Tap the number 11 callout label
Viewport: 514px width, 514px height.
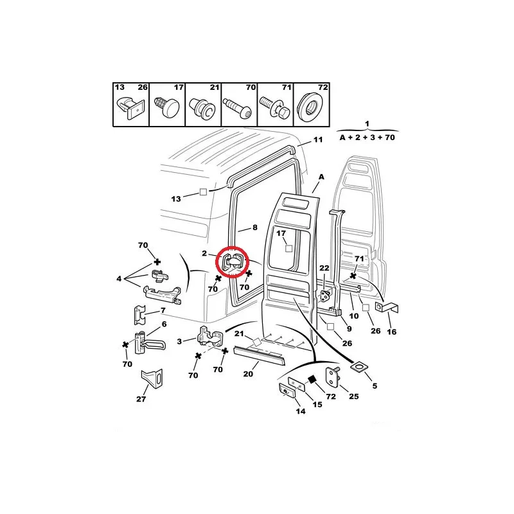(318, 139)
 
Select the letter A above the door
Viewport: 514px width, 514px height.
(321, 177)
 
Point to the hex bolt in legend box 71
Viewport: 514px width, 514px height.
(274, 107)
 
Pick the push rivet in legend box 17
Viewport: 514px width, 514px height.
(167, 105)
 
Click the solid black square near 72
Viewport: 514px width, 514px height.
(312, 379)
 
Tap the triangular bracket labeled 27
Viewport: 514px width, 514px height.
(152, 380)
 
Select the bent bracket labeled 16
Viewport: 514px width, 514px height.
(387, 308)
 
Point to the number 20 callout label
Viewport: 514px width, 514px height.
(248, 374)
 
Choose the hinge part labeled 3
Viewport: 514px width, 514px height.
(210, 338)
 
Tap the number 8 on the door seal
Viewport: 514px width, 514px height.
(255, 227)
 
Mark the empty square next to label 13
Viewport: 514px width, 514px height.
(203, 192)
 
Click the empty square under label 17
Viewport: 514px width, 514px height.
(288, 249)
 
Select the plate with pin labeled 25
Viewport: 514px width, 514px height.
(332, 376)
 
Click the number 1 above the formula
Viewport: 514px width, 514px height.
(367, 124)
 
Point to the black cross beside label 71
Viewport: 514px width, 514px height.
(353, 276)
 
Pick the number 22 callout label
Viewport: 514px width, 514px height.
(324, 268)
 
